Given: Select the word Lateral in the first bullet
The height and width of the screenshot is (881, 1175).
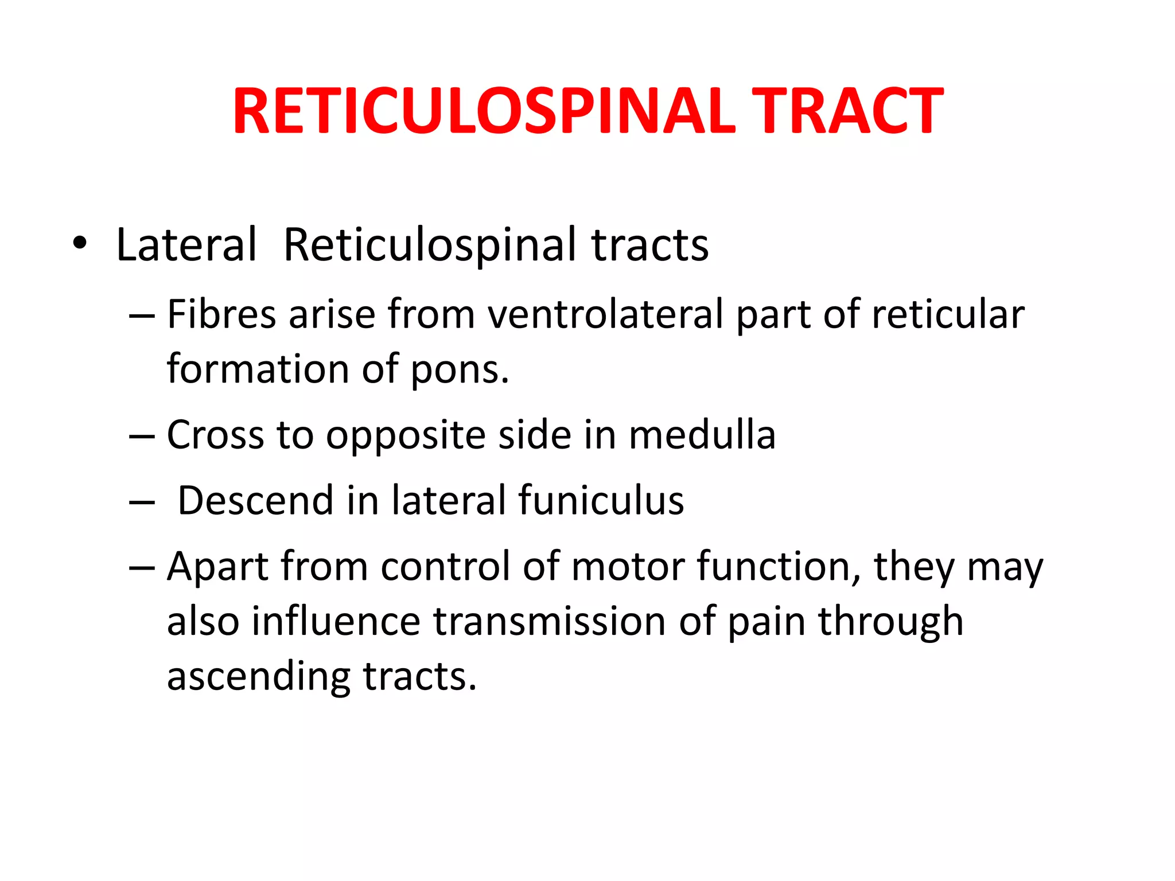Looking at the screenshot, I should click(x=186, y=245).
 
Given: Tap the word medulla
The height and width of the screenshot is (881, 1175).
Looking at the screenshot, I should click(x=702, y=435).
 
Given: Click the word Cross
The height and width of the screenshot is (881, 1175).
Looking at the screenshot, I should click(x=215, y=435).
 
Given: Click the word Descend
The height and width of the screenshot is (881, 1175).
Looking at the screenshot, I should click(x=255, y=500).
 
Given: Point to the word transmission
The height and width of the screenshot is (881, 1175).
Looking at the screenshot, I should click(x=549, y=622).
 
